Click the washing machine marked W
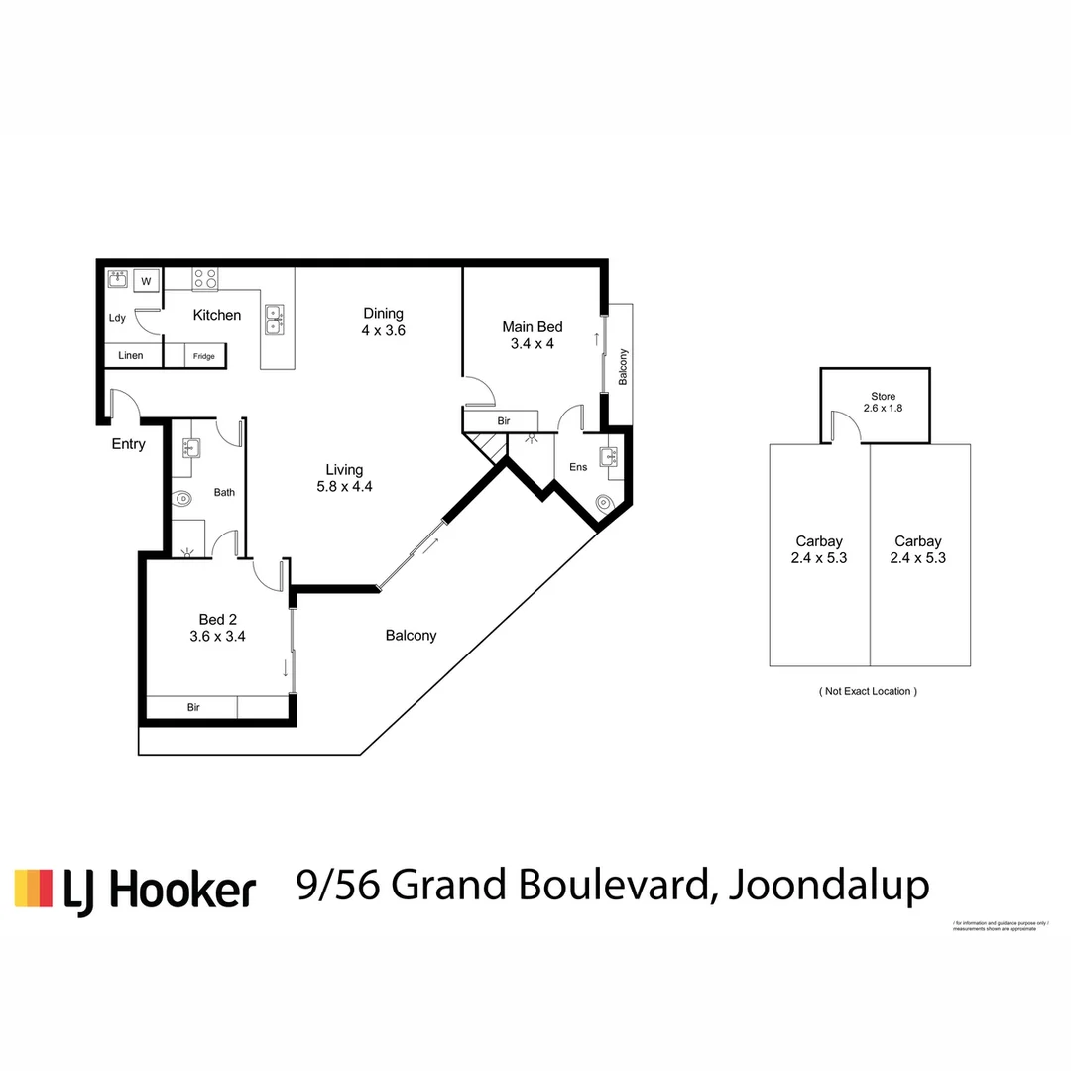point(147,281)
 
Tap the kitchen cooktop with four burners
point(205,279)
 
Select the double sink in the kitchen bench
point(274,319)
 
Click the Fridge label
point(203,356)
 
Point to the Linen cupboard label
point(131,355)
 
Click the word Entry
point(128,444)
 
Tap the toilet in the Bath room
point(181,501)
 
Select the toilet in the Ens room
point(606,504)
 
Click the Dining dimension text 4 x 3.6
point(383,331)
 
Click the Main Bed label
point(533,327)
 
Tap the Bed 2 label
point(217,619)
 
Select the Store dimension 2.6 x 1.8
point(882,408)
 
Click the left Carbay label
point(819,541)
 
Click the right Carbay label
point(917,541)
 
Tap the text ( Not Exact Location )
point(868,691)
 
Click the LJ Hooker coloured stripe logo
point(33,888)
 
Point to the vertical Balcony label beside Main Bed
point(623,368)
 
